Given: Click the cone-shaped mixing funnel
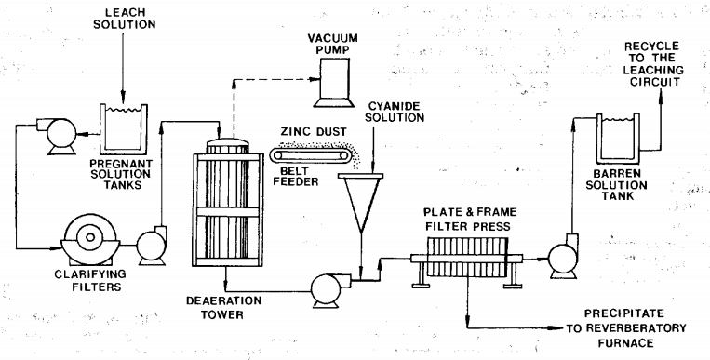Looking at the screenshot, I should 360,202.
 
